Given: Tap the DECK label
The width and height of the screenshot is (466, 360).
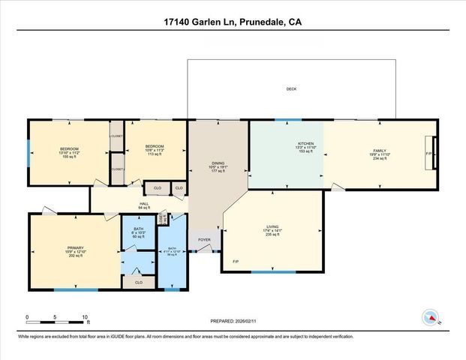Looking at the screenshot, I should [x=291, y=89].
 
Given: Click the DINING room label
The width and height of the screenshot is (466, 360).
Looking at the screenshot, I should [x=218, y=163].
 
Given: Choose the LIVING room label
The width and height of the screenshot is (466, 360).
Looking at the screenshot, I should [x=272, y=226].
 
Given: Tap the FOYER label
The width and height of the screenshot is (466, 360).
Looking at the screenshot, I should [x=204, y=240].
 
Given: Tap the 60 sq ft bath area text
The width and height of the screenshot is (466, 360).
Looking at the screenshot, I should [x=138, y=236].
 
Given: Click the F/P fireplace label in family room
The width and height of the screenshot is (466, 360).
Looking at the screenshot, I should [x=428, y=154].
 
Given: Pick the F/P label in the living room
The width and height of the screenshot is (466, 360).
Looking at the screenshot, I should [x=236, y=262].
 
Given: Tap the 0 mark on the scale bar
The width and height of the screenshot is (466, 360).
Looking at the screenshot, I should [x=27, y=316].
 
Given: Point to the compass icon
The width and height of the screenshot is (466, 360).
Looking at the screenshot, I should [x=431, y=318].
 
